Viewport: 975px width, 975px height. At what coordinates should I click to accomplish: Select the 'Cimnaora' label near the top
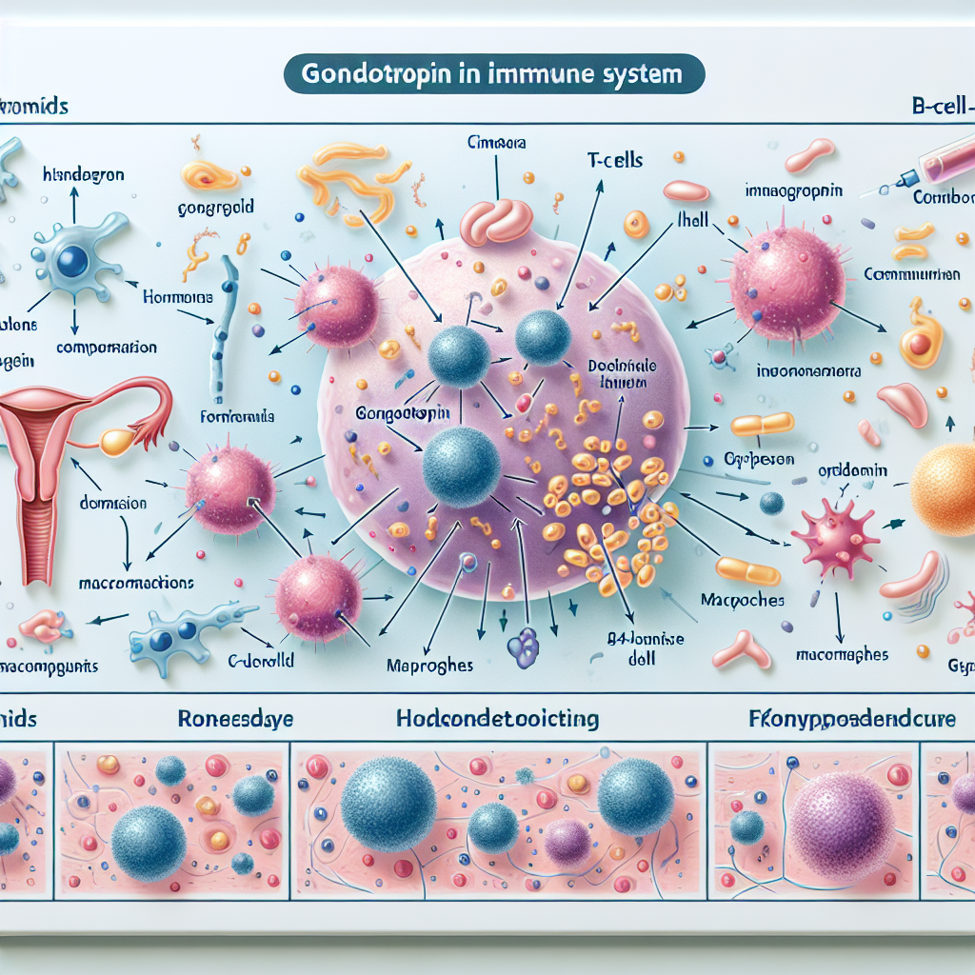[496, 143]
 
